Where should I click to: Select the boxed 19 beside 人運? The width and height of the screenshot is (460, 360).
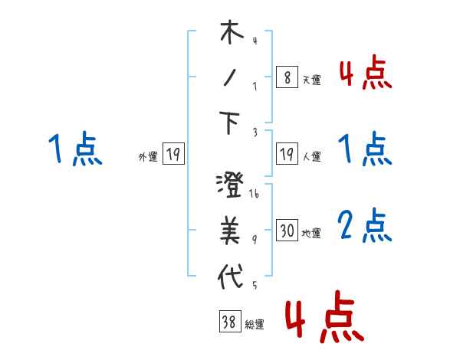click(287, 155)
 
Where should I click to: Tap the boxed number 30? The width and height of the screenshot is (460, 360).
click(287, 231)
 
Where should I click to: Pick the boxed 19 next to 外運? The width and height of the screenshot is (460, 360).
click(173, 155)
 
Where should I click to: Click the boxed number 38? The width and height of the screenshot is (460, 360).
click(229, 323)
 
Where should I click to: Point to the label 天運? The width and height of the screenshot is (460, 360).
click(311, 80)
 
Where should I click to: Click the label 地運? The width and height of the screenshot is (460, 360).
click(311, 233)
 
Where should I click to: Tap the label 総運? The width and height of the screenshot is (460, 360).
click(254, 325)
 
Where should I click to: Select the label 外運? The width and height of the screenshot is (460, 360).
click(148, 156)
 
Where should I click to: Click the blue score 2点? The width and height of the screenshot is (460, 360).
click(364, 226)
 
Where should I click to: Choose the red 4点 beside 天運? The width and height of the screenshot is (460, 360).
click(364, 74)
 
